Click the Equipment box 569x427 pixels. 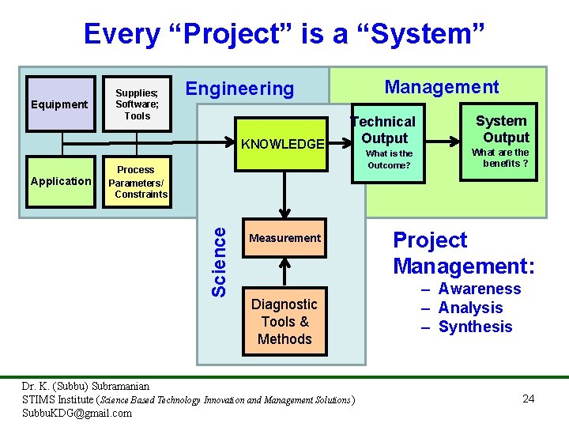click(60, 104)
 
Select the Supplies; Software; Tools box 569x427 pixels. click(137, 104)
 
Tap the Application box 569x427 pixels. click(60, 181)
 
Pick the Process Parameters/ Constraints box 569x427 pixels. click(137, 181)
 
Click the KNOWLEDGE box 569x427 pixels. click(282, 144)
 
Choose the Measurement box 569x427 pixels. click(284, 238)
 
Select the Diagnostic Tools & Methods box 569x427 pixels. click(284, 322)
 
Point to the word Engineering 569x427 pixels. click(239, 89)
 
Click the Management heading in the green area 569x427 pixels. click(441, 87)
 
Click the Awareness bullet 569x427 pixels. click(479, 289)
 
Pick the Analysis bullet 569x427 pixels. click(470, 308)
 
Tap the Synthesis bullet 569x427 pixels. click(475, 327)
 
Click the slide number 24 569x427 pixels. click(529, 399)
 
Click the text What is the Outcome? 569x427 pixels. click(389, 159)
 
